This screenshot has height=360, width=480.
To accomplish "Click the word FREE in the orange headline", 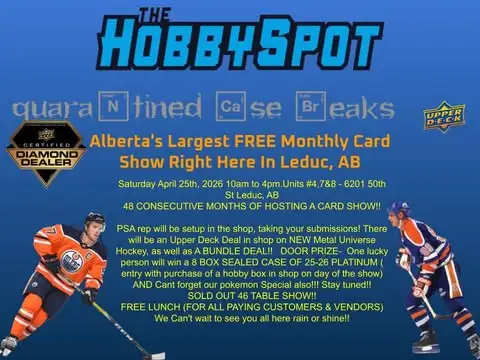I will (x=263, y=142).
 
